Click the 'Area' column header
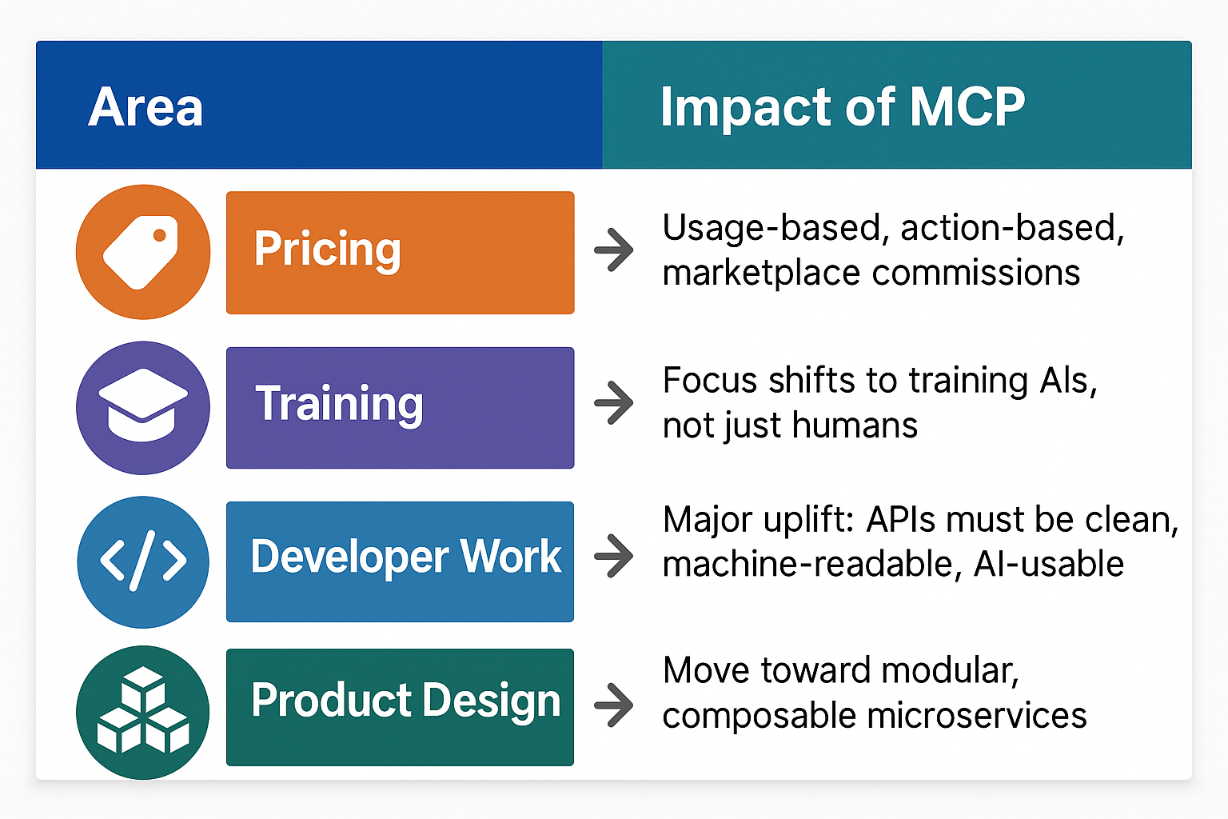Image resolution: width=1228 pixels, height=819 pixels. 146,106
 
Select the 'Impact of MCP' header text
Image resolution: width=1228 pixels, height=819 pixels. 843,107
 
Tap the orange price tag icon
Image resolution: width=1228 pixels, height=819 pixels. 143,252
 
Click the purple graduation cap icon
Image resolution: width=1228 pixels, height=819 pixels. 143,408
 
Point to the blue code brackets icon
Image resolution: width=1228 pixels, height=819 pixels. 143,561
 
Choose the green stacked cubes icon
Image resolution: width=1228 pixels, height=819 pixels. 143,712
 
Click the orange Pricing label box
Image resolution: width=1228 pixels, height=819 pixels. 401,252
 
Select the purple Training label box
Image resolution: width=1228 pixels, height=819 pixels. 401,408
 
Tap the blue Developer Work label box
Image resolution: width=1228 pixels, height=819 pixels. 401,561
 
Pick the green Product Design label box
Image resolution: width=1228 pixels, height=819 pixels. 401,707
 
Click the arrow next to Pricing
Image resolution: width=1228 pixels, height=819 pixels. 614,250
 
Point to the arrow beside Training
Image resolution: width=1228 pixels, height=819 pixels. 614,402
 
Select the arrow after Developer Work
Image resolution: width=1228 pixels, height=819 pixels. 614,556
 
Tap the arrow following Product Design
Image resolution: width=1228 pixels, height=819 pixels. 614,705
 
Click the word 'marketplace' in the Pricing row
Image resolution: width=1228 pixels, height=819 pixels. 761,274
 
